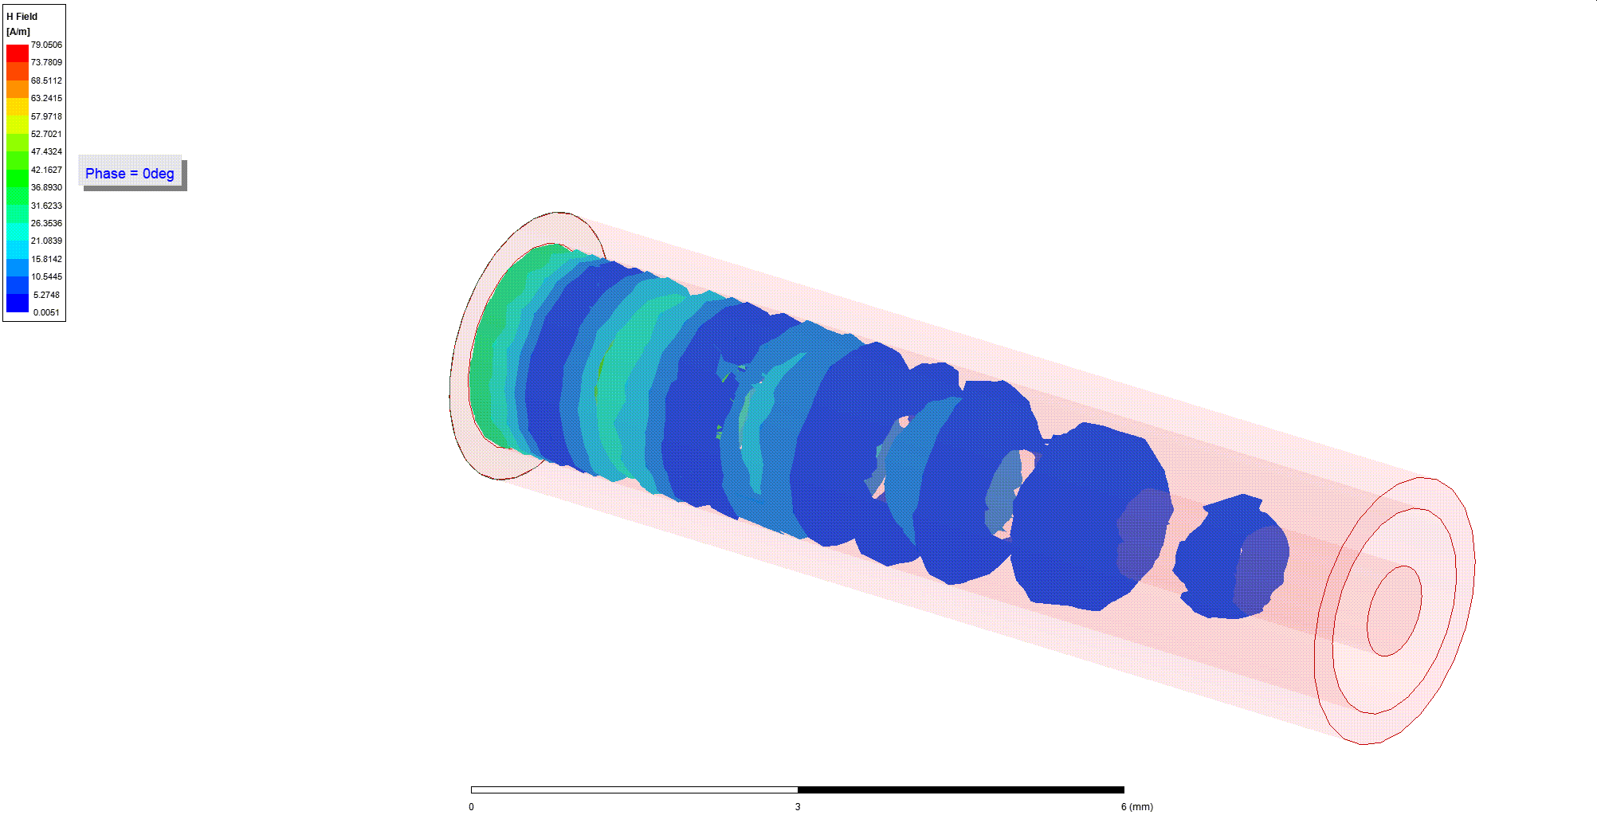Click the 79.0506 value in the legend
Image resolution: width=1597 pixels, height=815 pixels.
pos(46,45)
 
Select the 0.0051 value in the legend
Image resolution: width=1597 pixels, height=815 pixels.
pos(46,312)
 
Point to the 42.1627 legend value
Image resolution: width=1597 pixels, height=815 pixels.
pos(46,170)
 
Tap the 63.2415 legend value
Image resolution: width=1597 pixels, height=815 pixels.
pos(46,98)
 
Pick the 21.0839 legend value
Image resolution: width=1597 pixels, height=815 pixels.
pos(46,241)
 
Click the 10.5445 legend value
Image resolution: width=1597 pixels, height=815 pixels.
pos(46,276)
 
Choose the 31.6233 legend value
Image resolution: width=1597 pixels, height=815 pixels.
pos(46,206)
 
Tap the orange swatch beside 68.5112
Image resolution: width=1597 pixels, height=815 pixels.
pos(18,88)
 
